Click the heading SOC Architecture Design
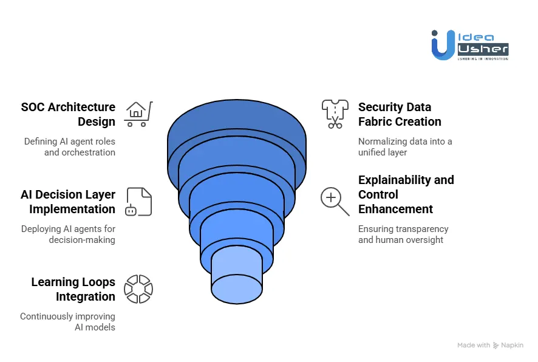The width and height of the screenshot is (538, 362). pos(68,114)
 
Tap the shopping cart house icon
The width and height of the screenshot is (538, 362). pos(138,114)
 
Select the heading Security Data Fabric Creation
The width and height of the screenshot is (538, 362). pos(400,114)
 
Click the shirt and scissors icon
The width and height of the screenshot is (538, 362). pos(335,114)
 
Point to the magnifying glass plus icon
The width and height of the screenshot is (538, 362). pos(335,202)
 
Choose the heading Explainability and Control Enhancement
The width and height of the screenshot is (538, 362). pos(406,194)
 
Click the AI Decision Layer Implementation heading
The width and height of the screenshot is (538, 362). pos(68,202)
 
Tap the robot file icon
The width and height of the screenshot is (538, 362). pos(138,202)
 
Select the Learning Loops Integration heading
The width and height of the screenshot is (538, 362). pos(73,289)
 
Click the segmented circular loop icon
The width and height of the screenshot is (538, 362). pos(138,289)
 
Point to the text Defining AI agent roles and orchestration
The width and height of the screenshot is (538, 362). pos(69,147)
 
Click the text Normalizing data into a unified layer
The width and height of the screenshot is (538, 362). pos(405,147)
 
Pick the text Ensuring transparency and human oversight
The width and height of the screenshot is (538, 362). pos(403,234)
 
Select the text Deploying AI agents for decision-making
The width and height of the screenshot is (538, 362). pos(68,234)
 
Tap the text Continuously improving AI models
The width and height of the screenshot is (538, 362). pos(67,322)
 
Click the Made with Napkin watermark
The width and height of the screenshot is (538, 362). pos(490,345)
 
